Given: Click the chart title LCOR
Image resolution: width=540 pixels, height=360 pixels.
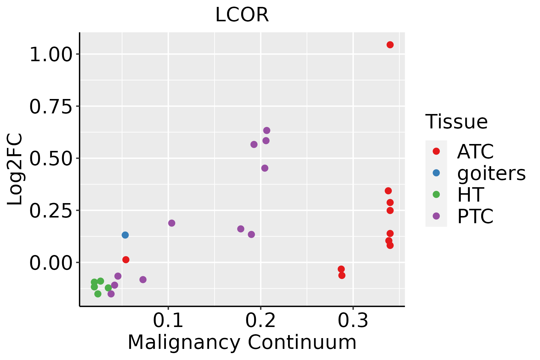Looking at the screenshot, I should tap(242, 15).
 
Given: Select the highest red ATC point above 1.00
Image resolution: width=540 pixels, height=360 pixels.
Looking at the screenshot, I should tap(390, 45).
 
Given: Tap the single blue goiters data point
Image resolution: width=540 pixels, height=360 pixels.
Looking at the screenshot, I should tap(125, 235).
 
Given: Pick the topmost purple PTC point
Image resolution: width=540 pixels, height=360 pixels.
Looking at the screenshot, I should tap(267, 130).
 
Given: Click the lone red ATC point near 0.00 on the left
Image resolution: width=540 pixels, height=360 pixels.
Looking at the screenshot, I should tap(126, 259).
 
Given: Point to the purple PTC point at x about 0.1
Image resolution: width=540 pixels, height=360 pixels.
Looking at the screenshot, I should tap(172, 223).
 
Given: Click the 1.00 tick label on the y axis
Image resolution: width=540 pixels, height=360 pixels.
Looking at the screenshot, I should tap(51, 55).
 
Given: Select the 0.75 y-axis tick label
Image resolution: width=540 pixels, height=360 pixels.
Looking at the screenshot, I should tap(51, 107).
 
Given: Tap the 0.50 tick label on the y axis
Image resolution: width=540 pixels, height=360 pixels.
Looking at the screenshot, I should tap(51, 159).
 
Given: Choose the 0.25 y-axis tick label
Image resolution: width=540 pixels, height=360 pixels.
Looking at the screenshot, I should tap(51, 211).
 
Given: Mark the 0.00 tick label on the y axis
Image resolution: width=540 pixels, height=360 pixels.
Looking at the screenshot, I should tap(51, 263).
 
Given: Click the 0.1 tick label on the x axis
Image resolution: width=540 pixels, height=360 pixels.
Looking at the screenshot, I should tap(168, 321).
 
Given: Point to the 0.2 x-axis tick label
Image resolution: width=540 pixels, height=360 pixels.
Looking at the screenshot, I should tap(260, 321).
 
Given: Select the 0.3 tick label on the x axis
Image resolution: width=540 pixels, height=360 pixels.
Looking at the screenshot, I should tap(353, 321).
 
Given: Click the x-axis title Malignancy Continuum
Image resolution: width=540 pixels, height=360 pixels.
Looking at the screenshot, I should tap(242, 342).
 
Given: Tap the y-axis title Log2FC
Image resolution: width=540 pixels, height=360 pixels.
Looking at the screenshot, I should tap(15, 169).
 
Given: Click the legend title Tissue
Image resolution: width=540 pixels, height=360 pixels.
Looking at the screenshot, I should tap(457, 122).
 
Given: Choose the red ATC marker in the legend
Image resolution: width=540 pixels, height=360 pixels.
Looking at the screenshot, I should tap(436, 151).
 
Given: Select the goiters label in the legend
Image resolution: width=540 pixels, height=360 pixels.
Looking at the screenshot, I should tap(491, 173).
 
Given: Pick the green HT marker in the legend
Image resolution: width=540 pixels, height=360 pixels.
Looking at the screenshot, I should tap(436, 194).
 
